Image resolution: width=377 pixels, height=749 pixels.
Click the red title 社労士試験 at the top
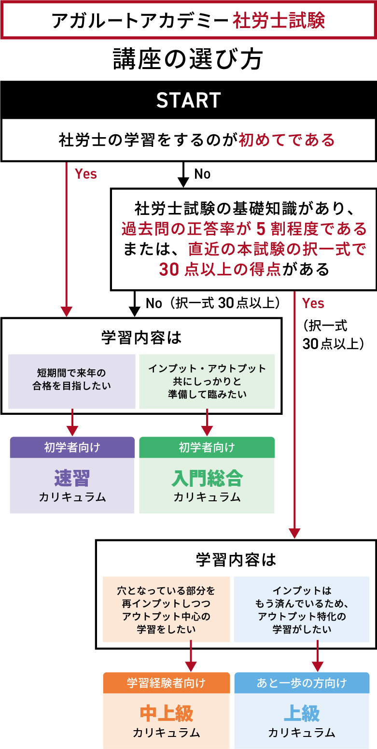(279, 21)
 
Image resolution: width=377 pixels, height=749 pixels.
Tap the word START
(188, 100)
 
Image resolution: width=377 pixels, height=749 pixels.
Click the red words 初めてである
(287, 140)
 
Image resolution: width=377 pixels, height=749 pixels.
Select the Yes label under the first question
(86, 174)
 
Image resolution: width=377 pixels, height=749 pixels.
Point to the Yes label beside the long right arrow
(313, 303)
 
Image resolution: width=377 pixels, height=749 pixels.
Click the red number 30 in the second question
(169, 269)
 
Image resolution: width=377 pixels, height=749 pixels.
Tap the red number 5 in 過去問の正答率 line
(262, 228)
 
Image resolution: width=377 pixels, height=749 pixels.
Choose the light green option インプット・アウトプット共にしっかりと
(207, 381)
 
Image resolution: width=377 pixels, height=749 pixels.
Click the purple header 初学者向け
(72, 447)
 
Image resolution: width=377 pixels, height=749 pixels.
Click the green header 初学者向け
(207, 447)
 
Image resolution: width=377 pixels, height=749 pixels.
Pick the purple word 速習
(72, 478)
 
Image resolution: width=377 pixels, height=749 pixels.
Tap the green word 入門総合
(207, 478)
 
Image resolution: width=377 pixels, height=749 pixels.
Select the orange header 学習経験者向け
(166, 683)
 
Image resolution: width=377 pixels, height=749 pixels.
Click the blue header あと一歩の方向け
(302, 683)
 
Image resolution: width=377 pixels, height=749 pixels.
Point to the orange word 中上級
(166, 713)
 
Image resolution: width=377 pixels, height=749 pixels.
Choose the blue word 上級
(302, 713)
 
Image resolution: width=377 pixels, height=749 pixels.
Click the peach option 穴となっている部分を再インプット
(166, 609)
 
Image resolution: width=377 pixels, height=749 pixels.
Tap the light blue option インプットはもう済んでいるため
(302, 609)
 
